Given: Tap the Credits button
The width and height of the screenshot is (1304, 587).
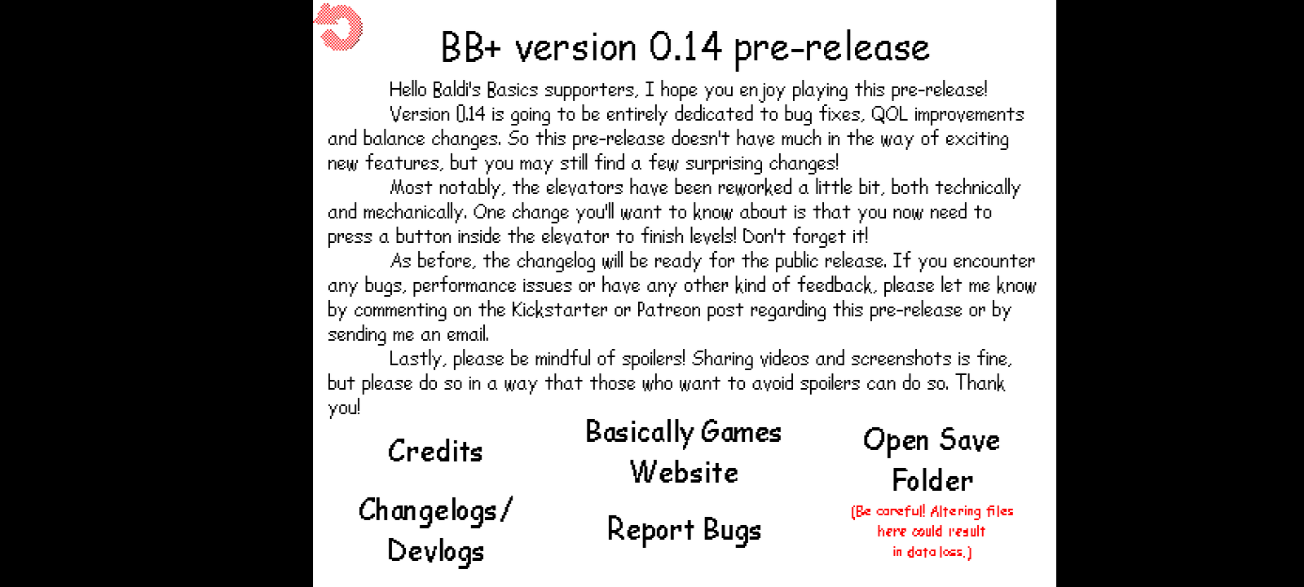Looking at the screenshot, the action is (x=435, y=452).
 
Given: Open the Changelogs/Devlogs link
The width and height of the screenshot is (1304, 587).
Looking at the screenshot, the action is (x=435, y=531).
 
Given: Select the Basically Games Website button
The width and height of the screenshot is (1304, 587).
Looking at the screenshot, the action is (x=684, y=452).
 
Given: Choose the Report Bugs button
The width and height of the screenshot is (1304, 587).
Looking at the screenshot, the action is (x=684, y=530).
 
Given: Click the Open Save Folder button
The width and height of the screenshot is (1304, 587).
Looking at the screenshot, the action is (x=932, y=460).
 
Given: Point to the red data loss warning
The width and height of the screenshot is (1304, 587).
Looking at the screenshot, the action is (x=932, y=531).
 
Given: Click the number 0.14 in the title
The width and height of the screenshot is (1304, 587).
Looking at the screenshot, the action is (x=685, y=46).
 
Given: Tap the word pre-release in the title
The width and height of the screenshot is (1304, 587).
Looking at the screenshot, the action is (x=831, y=49).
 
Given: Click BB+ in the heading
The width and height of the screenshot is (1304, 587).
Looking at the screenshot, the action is (x=471, y=46).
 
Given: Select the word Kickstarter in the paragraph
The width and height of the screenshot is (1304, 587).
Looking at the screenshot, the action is (x=559, y=309).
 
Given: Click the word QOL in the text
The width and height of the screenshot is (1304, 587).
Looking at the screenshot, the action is (x=889, y=114).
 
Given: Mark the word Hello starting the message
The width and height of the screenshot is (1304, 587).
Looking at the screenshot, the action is (x=407, y=90).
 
